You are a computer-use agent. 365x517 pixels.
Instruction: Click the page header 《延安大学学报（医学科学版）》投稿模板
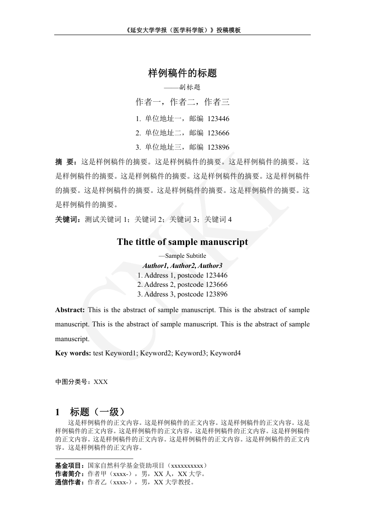[x=182, y=30]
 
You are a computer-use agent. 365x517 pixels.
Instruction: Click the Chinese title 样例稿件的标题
[x=182, y=73]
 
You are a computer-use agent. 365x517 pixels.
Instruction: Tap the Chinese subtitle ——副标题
[x=182, y=87]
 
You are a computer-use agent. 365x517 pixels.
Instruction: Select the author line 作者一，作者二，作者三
[x=182, y=102]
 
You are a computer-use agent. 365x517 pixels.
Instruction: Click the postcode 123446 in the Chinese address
[x=218, y=119]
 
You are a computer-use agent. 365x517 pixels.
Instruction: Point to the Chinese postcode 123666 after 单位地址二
[x=218, y=133]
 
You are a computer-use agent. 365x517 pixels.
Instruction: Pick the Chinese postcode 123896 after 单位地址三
[x=218, y=147]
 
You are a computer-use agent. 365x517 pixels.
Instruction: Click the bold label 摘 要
[x=65, y=162]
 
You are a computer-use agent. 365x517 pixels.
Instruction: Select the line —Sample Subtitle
[x=182, y=256]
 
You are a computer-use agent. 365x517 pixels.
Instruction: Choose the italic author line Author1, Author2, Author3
[x=182, y=266]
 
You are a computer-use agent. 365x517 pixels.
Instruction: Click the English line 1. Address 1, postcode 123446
[x=182, y=275]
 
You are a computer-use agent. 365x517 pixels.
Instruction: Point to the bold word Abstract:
[x=70, y=310]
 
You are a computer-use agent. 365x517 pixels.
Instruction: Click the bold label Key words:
[x=73, y=353]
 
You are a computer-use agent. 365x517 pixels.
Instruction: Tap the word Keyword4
[x=225, y=353]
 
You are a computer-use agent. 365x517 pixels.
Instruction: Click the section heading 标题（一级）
[x=97, y=412]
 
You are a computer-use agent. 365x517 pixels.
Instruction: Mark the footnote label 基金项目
[x=68, y=465]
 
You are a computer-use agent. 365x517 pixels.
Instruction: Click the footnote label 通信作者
[x=68, y=483]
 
